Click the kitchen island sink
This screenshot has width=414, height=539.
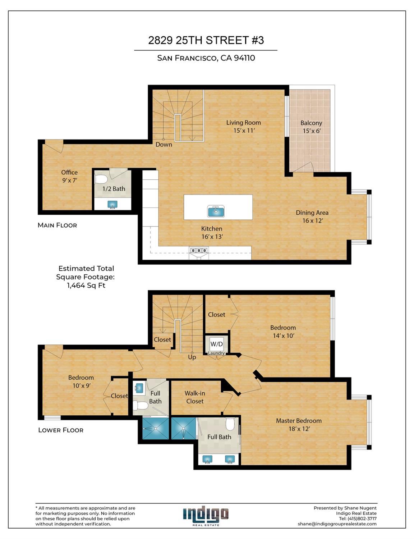click(x=216, y=211)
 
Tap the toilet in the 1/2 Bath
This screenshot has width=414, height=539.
click(x=101, y=179)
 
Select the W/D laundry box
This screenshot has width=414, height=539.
click(x=216, y=344)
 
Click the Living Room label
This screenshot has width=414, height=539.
click(x=244, y=126)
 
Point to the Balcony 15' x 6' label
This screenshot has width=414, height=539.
click(x=311, y=127)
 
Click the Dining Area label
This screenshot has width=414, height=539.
click(x=312, y=216)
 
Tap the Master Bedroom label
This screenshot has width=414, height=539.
click(x=299, y=424)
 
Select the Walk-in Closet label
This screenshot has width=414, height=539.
click(x=195, y=397)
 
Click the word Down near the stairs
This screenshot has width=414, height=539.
click(x=164, y=145)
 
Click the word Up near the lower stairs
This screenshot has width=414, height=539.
click(x=192, y=357)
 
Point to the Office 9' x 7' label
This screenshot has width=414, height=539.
click(x=69, y=176)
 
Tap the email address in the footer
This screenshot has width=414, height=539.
click(x=337, y=524)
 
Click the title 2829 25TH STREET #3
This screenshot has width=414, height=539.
click(x=206, y=40)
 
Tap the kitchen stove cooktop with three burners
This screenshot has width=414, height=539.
click(x=199, y=250)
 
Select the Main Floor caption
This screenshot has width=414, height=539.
click(x=57, y=225)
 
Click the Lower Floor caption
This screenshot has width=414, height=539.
click(x=61, y=430)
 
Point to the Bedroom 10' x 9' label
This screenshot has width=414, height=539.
click(x=81, y=381)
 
